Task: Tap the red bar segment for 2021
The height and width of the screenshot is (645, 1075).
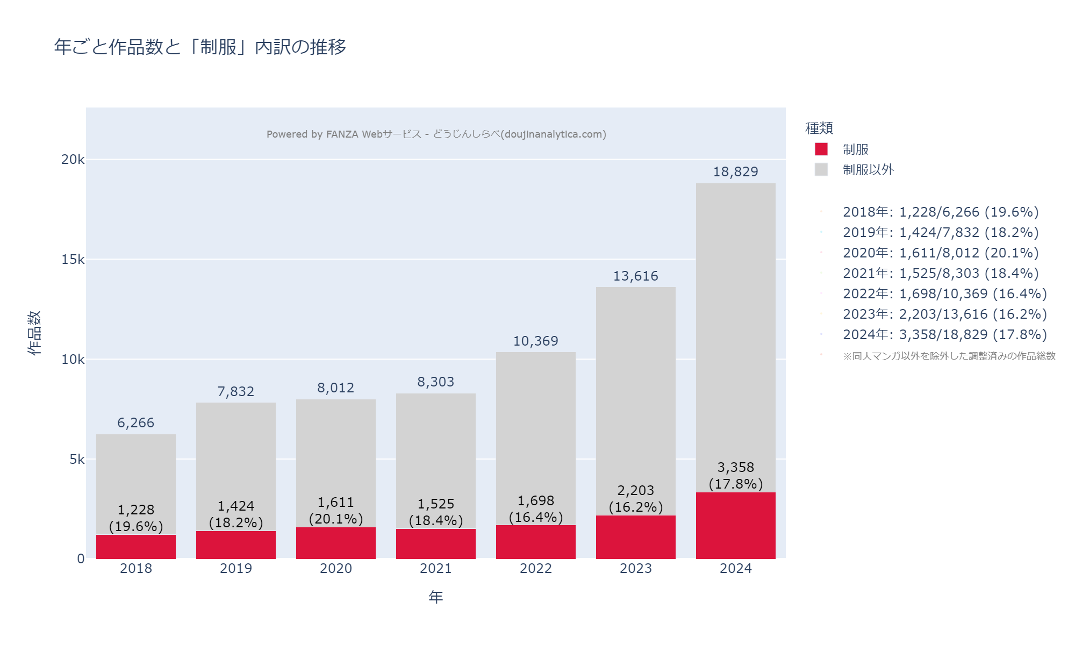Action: pyautogui.click(x=435, y=544)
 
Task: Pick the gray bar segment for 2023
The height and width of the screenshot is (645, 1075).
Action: pyautogui.click(x=635, y=387)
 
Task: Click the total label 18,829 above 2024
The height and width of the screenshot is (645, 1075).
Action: pyautogui.click(x=735, y=172)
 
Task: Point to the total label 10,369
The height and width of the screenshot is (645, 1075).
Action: pyautogui.click(x=535, y=341)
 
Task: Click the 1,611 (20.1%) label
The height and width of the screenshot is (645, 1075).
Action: pyautogui.click(x=335, y=511)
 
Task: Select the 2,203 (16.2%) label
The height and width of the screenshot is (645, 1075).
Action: pyautogui.click(x=635, y=499)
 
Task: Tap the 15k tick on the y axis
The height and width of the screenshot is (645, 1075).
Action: pyautogui.click(x=73, y=260)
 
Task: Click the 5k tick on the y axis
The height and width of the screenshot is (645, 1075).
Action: pyautogui.click(x=77, y=460)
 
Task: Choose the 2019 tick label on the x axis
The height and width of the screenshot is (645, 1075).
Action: pyautogui.click(x=235, y=569)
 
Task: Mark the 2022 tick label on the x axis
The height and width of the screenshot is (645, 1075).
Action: pyautogui.click(x=535, y=569)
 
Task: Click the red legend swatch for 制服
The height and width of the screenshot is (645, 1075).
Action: pyautogui.click(x=821, y=149)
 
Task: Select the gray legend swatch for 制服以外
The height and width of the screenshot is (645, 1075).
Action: pyautogui.click(x=821, y=170)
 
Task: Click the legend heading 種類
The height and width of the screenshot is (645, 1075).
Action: pyautogui.click(x=819, y=128)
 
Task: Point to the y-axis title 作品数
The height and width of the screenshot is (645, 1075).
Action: pyautogui.click(x=34, y=333)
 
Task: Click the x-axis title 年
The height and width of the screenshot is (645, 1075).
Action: pyautogui.click(x=435, y=597)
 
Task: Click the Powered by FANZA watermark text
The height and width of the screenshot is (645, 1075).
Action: pyautogui.click(x=436, y=134)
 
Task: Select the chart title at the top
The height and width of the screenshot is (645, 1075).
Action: pyautogui.click(x=200, y=47)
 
